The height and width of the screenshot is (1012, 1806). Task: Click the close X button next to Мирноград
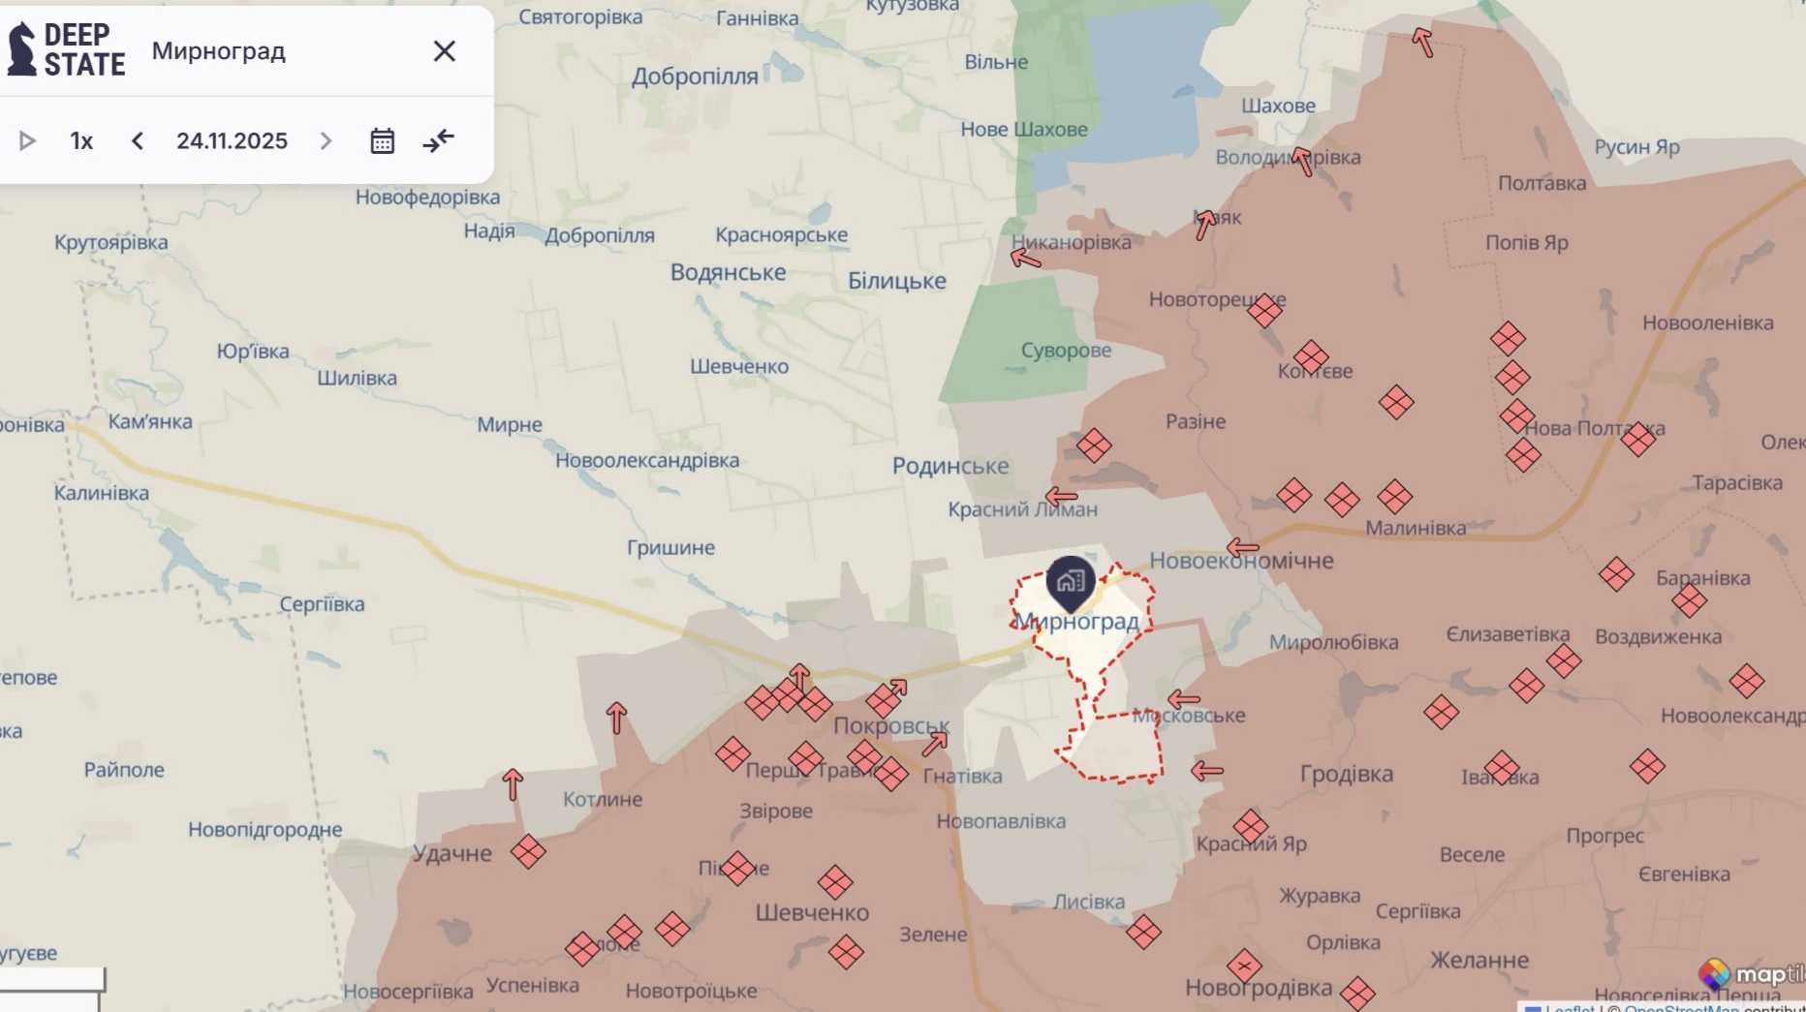tap(444, 51)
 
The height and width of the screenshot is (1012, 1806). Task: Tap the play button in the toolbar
tap(27, 141)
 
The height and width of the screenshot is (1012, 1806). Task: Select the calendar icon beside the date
tap(382, 141)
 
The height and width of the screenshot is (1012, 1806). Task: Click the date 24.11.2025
tap(232, 141)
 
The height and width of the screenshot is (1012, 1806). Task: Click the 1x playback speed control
tap(81, 141)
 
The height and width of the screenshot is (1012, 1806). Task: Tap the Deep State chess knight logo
tap(21, 49)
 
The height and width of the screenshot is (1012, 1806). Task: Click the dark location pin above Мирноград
tap(1070, 582)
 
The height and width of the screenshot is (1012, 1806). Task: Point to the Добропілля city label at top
tap(695, 77)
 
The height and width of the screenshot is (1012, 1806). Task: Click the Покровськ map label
tap(890, 725)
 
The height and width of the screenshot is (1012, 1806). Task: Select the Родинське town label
tap(950, 466)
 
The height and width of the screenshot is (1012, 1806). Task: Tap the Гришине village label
tap(670, 548)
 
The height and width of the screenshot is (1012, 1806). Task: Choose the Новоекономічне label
tap(1241, 561)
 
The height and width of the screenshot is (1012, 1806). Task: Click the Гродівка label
tap(1346, 774)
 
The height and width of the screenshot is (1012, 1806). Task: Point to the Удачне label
tap(451, 853)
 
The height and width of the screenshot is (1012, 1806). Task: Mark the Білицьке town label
tap(896, 281)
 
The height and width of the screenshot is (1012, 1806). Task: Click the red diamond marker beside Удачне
tap(528, 852)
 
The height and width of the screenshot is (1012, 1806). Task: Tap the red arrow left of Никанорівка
tap(1025, 258)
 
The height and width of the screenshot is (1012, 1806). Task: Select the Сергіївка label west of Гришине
tap(322, 604)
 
